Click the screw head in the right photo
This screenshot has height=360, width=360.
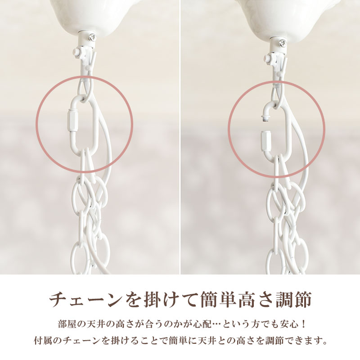click(283, 43)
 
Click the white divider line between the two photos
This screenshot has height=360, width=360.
click(180, 135)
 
